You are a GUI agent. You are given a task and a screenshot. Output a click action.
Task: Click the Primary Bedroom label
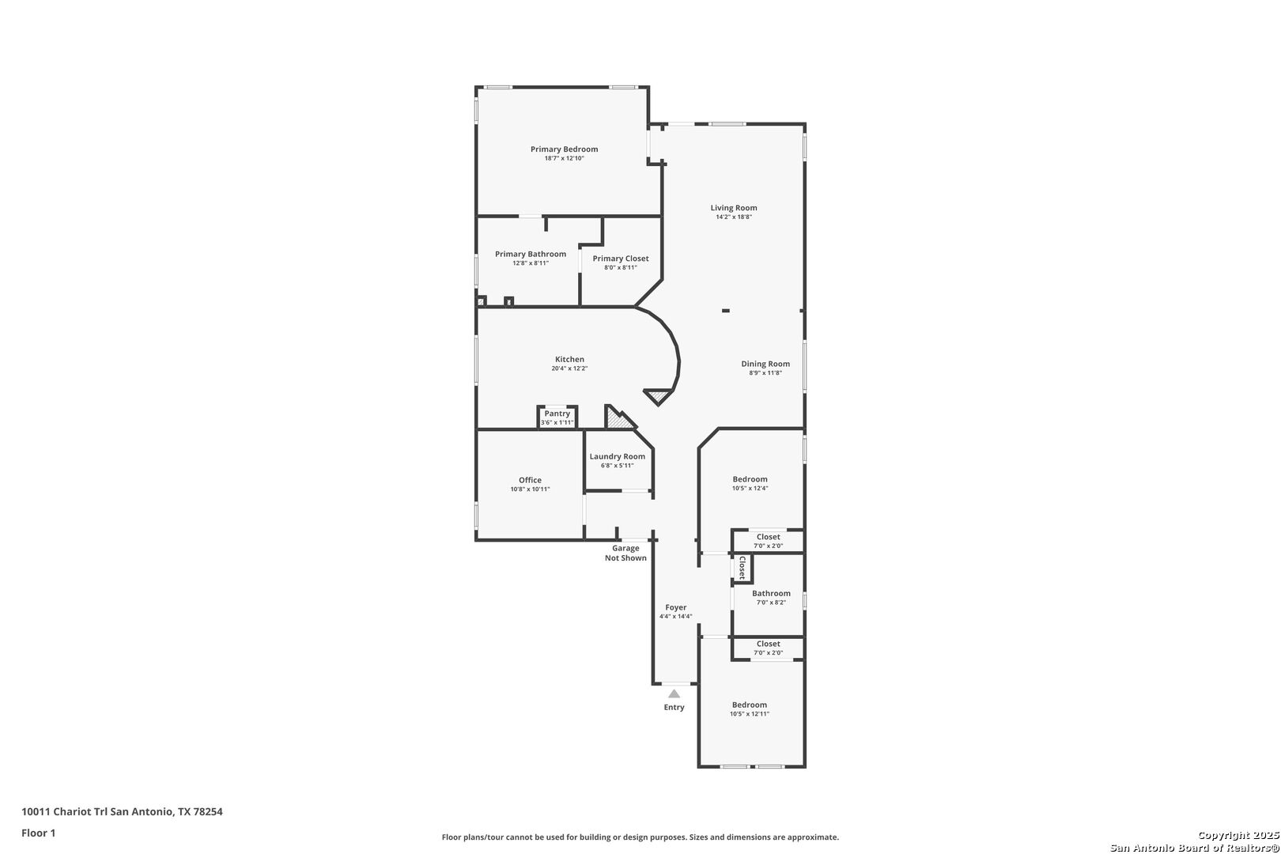pyautogui.click(x=564, y=149)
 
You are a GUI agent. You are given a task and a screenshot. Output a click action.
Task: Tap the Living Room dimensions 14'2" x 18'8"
pyautogui.click(x=734, y=217)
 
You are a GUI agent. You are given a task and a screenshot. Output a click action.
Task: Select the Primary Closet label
pyautogui.click(x=621, y=259)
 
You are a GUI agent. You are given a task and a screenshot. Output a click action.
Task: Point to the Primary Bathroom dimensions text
pyautogui.click(x=531, y=263)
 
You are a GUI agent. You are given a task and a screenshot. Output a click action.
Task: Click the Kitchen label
pyautogui.click(x=569, y=359)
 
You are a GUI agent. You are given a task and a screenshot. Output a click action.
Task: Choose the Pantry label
pyautogui.click(x=557, y=414)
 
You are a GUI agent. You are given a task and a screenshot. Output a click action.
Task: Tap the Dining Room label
pyautogui.click(x=765, y=364)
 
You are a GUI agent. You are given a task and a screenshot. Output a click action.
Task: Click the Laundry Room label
pyautogui.click(x=617, y=456)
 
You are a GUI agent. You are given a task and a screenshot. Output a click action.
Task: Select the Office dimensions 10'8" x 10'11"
pyautogui.click(x=530, y=489)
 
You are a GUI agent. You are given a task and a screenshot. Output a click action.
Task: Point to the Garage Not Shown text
pyautogui.click(x=625, y=554)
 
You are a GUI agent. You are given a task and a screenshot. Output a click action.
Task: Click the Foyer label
pyautogui.click(x=675, y=607)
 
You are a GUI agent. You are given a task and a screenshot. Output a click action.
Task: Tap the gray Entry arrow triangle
pyautogui.click(x=675, y=693)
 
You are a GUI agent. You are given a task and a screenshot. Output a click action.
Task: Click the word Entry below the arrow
pyautogui.click(x=675, y=708)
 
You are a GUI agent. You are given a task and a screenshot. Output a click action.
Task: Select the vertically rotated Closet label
pyautogui.click(x=743, y=568)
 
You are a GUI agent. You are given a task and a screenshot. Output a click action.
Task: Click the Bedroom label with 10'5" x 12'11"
pyautogui.click(x=749, y=705)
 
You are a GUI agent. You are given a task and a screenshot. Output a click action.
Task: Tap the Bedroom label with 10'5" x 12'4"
pyautogui.click(x=750, y=479)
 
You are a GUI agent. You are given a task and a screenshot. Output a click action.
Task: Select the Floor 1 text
pyautogui.click(x=38, y=833)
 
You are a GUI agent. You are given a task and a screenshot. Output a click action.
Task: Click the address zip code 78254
pyautogui.click(x=208, y=811)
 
